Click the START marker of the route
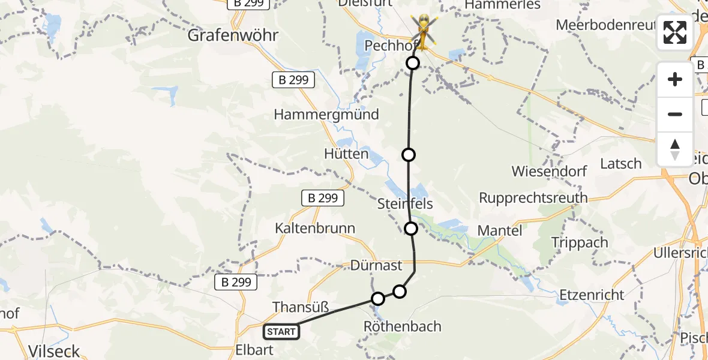(281, 332)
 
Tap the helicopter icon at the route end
(424, 30)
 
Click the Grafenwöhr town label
(233, 35)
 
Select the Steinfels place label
(405, 204)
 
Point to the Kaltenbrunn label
(315, 229)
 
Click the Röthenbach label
(402, 327)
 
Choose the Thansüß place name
(301, 308)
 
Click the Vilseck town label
(54, 351)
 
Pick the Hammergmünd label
(326, 115)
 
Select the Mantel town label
(500, 230)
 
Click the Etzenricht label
(592, 295)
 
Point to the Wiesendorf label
(549, 171)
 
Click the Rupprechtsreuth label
(533, 198)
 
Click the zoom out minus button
(675, 114)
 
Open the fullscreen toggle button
(675, 32)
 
